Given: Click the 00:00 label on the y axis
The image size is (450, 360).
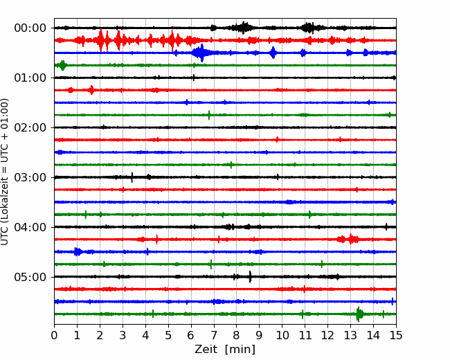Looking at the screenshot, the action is [x=30, y=28].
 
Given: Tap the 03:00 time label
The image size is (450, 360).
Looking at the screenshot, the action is [x=30, y=177].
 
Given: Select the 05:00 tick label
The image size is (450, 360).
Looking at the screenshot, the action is [x=30, y=277].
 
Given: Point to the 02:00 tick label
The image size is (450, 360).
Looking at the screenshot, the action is [x=30, y=127].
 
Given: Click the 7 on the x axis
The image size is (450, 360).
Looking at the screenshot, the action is [x=214, y=335].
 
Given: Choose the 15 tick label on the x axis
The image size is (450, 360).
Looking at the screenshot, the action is [x=396, y=335].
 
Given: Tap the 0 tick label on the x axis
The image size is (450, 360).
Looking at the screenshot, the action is [x=54, y=335].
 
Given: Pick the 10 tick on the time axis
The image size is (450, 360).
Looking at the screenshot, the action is [x=282, y=335].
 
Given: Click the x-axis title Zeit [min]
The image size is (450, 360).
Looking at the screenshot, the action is [x=225, y=350].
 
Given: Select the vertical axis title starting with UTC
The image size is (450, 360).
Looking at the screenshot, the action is [x=5, y=172].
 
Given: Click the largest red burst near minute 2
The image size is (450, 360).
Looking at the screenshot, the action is [x=101, y=40].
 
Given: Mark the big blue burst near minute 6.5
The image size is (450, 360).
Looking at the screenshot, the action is [x=202, y=53].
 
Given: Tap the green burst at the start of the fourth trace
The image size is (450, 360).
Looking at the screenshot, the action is [x=62, y=66].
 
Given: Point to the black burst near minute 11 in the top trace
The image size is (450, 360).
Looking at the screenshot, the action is [x=309, y=28].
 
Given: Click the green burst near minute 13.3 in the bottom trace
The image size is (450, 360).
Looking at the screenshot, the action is [x=359, y=314].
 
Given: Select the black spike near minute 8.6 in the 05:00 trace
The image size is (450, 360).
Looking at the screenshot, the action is [x=250, y=277].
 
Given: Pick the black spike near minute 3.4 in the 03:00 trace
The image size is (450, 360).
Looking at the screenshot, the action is [x=132, y=177].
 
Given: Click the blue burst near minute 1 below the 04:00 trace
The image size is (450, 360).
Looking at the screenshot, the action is [x=78, y=252].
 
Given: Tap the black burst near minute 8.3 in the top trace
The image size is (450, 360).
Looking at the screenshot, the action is [x=243, y=28].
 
